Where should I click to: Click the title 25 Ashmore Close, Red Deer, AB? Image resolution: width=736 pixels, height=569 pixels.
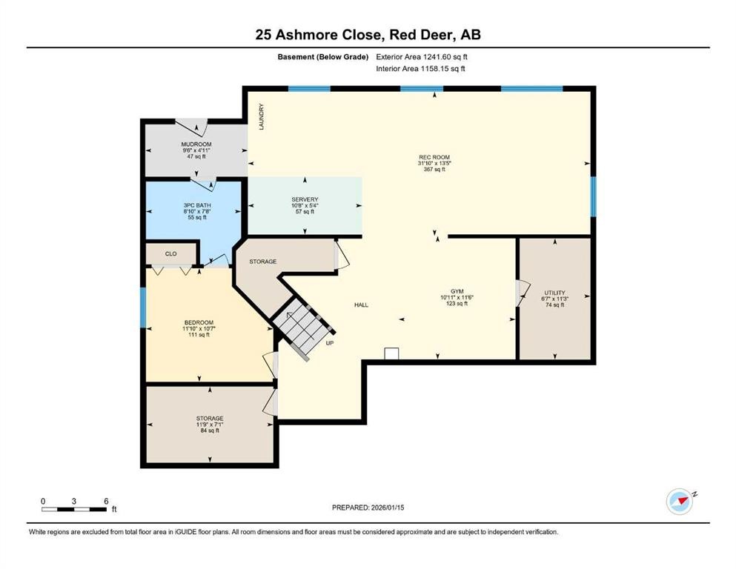pos(368,35)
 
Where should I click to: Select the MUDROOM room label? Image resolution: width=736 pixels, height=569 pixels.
pos(196,144)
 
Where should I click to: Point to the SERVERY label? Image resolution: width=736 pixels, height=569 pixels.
pos(305,199)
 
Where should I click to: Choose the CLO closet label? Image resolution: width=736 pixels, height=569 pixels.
pos(170,253)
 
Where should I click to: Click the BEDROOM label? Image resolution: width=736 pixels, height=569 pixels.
pos(199,322)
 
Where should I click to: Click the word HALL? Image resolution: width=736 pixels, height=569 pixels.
pos(361,305)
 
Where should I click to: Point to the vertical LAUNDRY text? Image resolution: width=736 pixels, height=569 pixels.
pos(262,117)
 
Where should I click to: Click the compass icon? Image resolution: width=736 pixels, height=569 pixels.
pos(679,502)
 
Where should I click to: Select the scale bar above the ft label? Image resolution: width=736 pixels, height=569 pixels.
pos(74,508)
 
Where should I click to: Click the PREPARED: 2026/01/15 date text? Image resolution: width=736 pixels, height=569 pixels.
pos(368,508)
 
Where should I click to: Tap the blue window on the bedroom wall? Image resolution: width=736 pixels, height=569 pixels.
pos(143,307)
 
